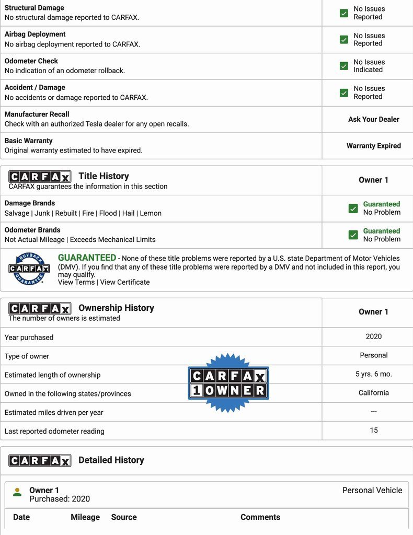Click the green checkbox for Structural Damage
(343, 13)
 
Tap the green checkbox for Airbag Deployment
(343, 40)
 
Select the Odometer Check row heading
(31, 61)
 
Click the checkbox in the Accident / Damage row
(343, 92)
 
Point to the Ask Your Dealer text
(373, 119)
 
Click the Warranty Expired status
(373, 146)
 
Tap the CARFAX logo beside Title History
(40, 177)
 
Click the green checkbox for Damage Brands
(353, 208)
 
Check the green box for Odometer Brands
(353, 235)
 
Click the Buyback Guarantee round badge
(29, 269)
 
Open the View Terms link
(76, 282)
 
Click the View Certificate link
(125, 282)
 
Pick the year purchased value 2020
(373, 336)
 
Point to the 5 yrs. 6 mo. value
(373, 374)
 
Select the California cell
(373, 393)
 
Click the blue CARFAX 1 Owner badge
(228, 383)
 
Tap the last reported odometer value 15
(373, 431)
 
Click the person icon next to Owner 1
(18, 492)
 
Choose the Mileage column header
(85, 517)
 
